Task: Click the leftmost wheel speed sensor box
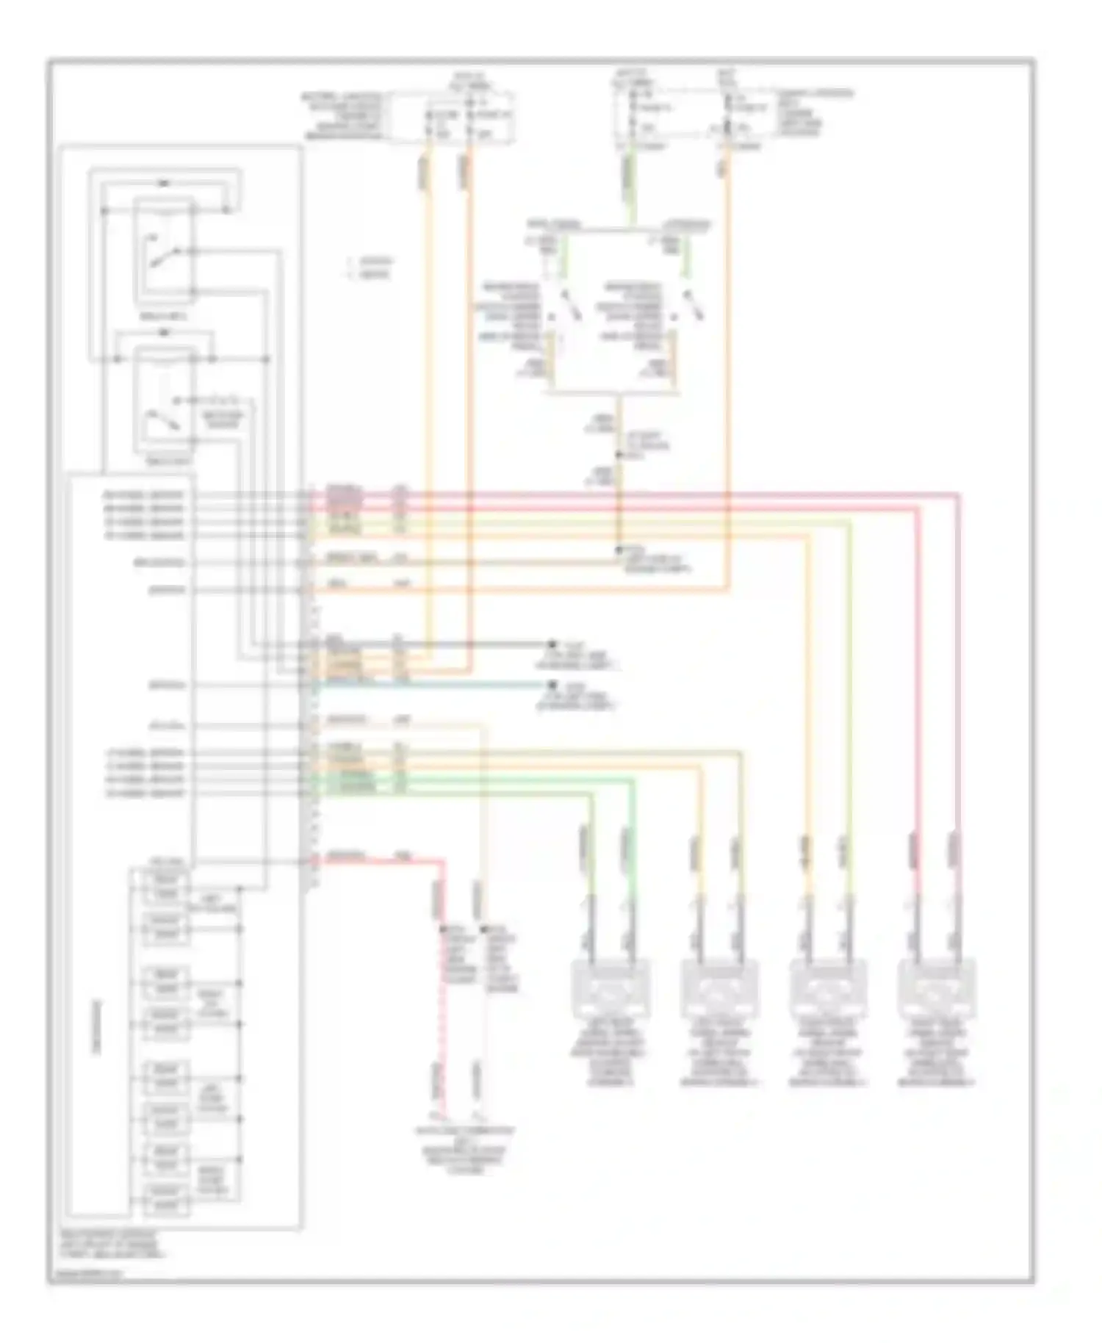611,988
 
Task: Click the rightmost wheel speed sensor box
937,988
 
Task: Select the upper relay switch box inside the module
164,251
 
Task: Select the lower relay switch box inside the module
164,400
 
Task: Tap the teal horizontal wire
441,685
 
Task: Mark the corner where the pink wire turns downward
957,495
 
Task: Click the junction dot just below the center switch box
619,456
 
